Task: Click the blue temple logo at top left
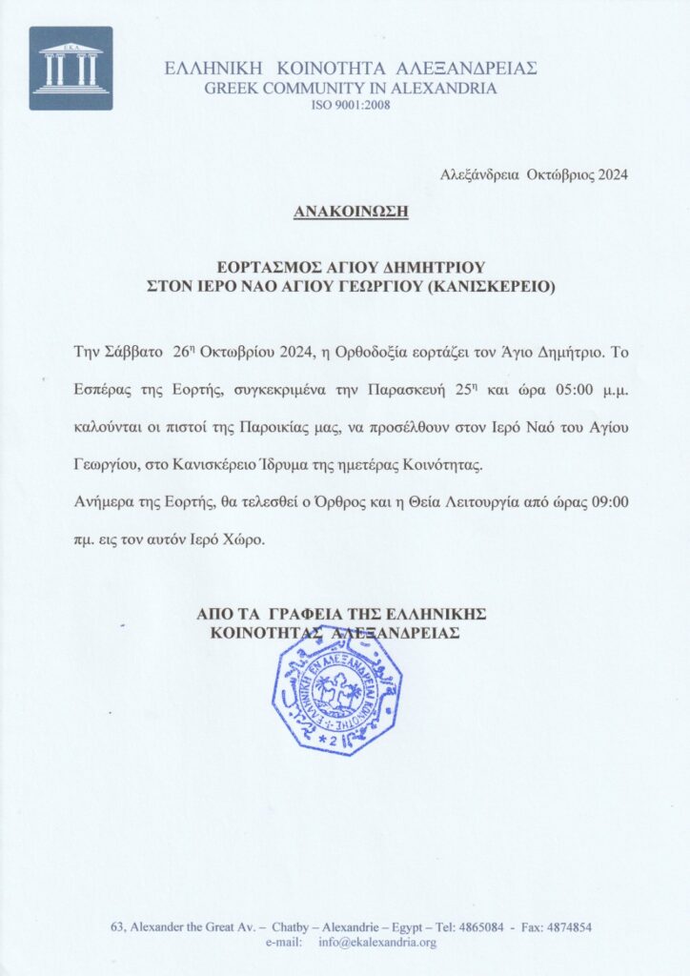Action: [71, 68]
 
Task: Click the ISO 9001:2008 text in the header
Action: [351, 104]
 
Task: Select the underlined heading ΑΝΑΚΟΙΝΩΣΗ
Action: [351, 210]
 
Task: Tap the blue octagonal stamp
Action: [336, 690]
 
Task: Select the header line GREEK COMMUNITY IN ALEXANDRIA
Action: [351, 88]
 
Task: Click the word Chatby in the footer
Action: [291, 926]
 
